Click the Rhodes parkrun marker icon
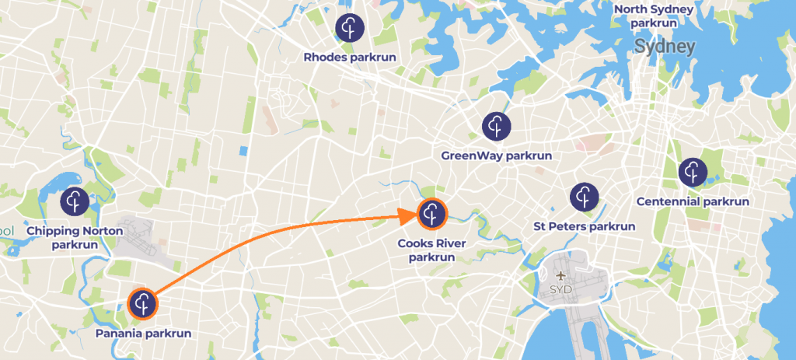point(350,28)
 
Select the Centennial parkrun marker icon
point(692,172)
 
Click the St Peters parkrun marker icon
point(583,197)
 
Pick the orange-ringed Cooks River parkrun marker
point(432,214)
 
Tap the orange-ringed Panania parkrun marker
point(142,303)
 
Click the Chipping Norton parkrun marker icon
point(75,201)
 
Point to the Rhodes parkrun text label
point(350,57)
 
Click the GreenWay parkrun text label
point(496,156)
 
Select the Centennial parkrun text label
point(692,201)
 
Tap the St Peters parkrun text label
point(584,227)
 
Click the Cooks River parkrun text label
point(432,250)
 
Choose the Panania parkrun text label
point(143,334)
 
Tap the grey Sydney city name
point(664,47)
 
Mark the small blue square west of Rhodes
point(244,150)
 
